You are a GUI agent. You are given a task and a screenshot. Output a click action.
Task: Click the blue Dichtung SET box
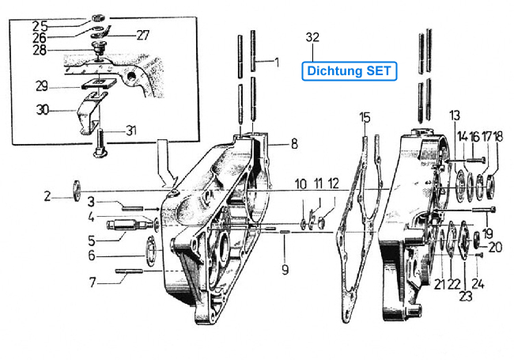point(349,71)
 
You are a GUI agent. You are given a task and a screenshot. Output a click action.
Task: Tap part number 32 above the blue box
point(312,37)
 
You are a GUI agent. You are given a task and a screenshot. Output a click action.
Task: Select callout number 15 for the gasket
point(365,117)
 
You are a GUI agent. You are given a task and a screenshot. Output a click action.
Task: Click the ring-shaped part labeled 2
point(77,191)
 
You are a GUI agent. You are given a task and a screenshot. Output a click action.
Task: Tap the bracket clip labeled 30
point(92,113)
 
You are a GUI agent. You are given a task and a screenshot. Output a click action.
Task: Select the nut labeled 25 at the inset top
point(97,17)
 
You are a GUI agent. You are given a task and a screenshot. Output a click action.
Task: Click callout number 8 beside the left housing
point(294,143)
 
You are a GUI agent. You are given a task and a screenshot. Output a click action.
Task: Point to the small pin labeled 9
point(285,232)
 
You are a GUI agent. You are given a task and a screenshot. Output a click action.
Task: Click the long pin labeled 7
point(129,271)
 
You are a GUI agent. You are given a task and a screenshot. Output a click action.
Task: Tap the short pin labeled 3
point(132,208)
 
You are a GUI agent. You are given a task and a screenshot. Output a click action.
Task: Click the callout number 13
point(455,115)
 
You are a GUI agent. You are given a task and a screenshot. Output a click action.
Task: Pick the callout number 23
point(466,296)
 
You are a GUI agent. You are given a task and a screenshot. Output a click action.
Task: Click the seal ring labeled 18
point(492,188)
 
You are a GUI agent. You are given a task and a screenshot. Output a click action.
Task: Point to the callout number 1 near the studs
point(277,62)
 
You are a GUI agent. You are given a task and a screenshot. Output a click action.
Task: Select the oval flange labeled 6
point(151,251)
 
